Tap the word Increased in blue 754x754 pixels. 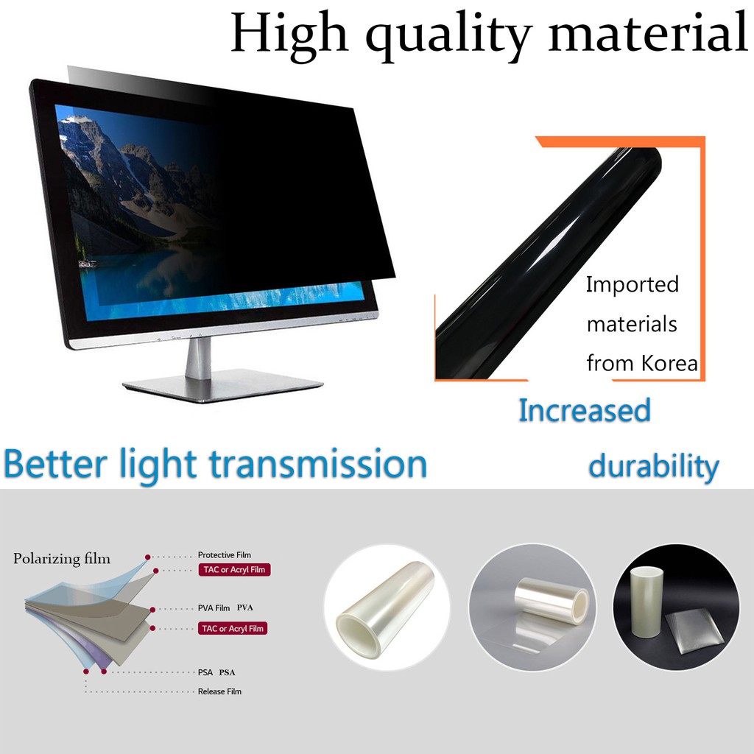585,410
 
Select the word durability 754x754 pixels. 654,466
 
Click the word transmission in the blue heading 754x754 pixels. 318,464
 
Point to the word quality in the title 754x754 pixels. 448,35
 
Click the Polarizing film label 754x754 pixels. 62,558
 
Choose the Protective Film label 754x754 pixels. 224,555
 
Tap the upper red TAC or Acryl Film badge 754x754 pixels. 234,570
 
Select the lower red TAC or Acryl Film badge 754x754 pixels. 233,629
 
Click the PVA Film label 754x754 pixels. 214,607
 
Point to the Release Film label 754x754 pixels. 219,691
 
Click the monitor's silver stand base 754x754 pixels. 222,384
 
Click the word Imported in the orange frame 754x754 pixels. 633,285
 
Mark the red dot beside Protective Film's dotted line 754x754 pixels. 147,557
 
